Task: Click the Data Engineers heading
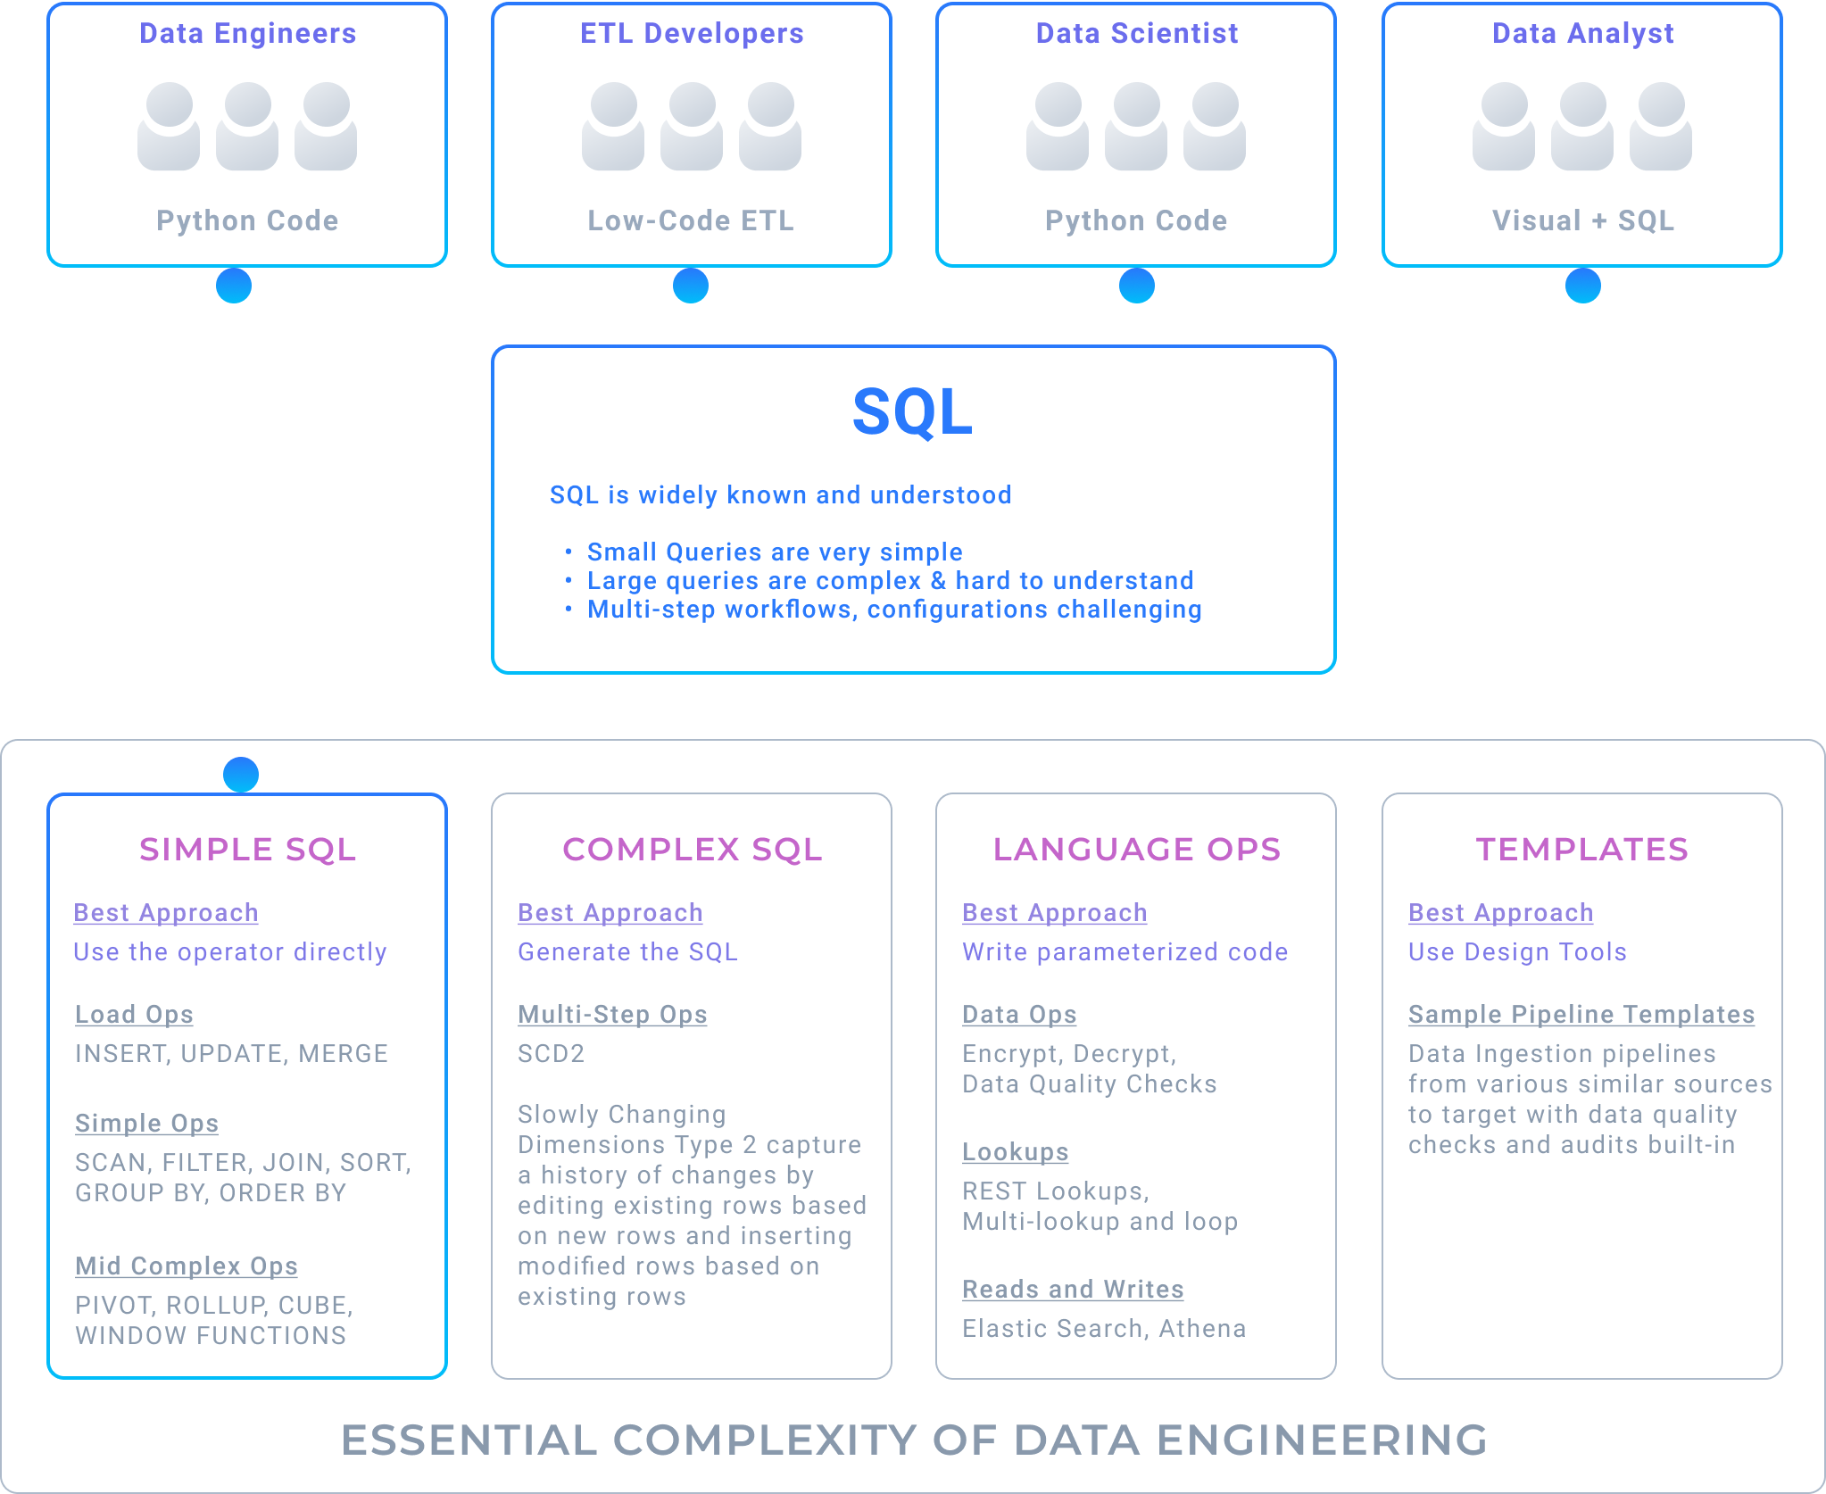pos(247,34)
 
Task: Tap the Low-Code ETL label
pos(691,220)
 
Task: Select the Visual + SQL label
pos(1582,220)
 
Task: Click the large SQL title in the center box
pos(912,412)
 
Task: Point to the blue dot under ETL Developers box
pos(691,286)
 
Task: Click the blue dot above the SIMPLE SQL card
pos(241,774)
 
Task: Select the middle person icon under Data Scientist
pos(1136,126)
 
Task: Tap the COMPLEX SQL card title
pos(692,850)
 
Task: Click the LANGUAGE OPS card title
pos(1136,850)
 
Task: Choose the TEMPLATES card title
pos(1581,850)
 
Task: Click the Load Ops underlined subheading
pos(134,1015)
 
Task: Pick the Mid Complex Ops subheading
pos(187,1266)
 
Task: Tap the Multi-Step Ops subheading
pos(612,1015)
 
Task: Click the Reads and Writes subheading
pos(1073,1290)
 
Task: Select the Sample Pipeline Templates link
pos(1581,1015)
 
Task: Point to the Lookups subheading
pos(1015,1152)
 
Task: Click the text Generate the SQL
pos(627,952)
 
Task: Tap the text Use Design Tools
pos(1517,952)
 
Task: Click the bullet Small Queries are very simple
pos(775,552)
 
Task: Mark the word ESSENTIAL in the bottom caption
pos(469,1440)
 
